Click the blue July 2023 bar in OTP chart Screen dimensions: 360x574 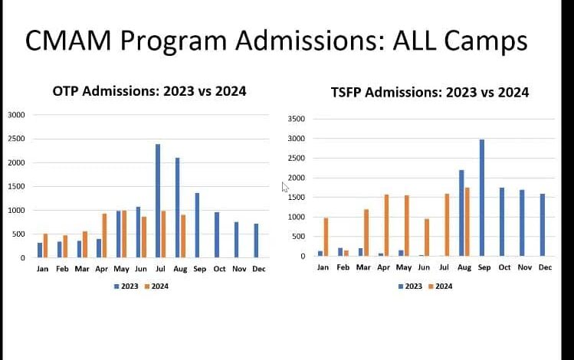click(158, 201)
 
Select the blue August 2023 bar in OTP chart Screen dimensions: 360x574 click(177, 208)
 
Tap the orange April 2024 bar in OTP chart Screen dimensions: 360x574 click(104, 235)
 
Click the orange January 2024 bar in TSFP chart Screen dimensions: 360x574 click(325, 237)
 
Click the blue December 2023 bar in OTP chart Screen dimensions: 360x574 click(255, 241)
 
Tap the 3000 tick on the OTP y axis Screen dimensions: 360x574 click(17, 115)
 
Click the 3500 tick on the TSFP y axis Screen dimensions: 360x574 click(297, 119)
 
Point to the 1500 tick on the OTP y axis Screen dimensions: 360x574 click(17, 186)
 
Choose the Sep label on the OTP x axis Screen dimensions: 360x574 click(201, 269)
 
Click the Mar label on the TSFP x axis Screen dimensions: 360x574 click(362, 267)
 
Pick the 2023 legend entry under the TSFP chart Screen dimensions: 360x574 click(410, 286)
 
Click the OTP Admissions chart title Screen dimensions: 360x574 click(149, 91)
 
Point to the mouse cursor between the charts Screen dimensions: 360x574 click(285, 188)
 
